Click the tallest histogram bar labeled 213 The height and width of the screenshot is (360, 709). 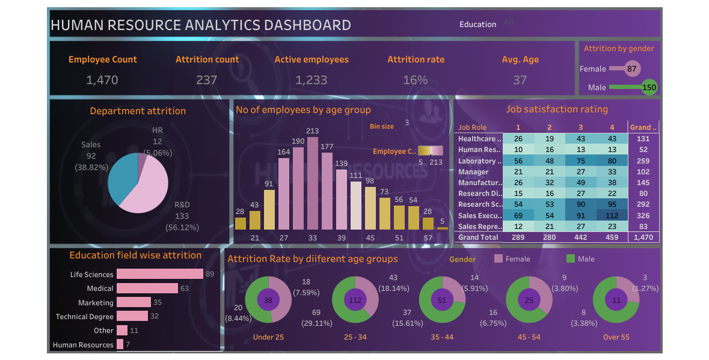[313, 183]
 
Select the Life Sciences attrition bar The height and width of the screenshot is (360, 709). [159, 274]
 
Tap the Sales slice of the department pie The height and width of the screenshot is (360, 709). [123, 175]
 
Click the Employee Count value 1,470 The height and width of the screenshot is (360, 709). [102, 80]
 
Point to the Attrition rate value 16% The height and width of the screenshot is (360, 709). [416, 80]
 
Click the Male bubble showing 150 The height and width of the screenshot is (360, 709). [649, 87]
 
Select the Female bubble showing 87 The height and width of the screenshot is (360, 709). [631, 69]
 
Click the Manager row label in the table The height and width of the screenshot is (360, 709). [473, 172]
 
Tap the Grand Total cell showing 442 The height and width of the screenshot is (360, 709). [580, 237]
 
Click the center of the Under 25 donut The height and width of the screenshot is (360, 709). [268, 300]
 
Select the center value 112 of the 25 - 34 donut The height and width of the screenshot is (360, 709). [355, 300]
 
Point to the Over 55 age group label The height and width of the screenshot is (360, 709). [616, 337]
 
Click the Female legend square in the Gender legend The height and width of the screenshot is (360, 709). [498, 258]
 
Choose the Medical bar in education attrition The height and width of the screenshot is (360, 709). [147, 288]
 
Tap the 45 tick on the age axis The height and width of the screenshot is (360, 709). [370, 238]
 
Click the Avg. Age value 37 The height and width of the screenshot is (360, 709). [520, 80]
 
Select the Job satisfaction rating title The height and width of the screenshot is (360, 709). [557, 109]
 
